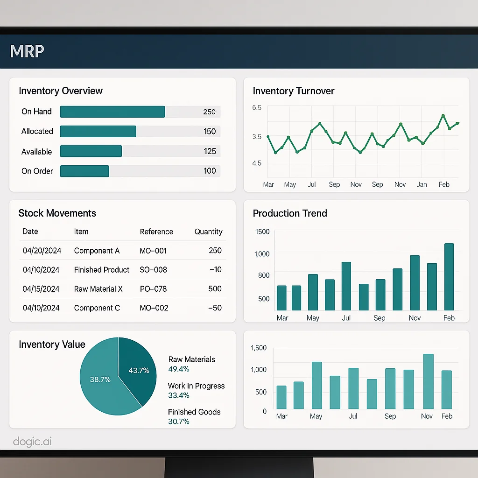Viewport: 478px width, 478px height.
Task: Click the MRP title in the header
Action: pos(27,50)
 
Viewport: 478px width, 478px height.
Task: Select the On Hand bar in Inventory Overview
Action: pos(112,112)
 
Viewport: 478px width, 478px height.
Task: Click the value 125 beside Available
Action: pos(210,151)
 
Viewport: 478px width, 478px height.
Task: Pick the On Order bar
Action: pos(84,171)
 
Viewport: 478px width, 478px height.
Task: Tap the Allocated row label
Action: pos(37,131)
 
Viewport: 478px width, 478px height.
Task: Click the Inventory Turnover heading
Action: pos(294,91)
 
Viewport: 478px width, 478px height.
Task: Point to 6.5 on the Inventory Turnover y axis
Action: pos(257,107)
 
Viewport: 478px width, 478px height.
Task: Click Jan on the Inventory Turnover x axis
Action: pos(422,184)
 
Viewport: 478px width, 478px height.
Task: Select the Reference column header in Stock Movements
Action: pos(156,232)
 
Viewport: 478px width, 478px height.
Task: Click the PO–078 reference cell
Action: pos(153,289)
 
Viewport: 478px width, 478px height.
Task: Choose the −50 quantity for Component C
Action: pos(215,308)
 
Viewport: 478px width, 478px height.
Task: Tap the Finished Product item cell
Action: pos(102,270)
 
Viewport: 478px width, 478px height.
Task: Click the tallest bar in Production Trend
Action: pos(449,277)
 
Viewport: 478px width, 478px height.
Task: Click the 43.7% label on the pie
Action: pos(139,371)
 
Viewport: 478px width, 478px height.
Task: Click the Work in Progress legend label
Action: pos(196,386)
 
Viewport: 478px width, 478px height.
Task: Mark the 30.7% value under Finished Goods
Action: pos(179,422)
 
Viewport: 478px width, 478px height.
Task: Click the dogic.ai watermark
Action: pos(32,442)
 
